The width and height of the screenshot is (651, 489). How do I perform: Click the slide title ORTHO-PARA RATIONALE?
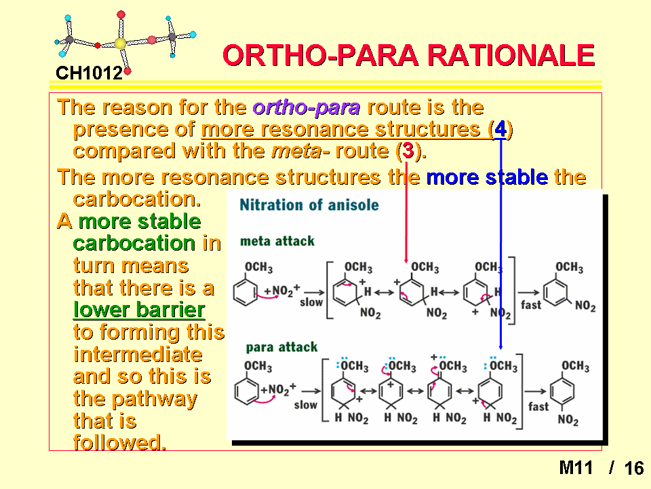point(408,55)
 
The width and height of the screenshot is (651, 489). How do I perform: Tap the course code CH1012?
point(89,73)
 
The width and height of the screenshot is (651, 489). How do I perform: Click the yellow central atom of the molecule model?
point(120,43)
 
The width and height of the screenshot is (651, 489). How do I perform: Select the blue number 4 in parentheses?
point(500,129)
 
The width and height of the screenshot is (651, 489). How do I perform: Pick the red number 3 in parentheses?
point(408,151)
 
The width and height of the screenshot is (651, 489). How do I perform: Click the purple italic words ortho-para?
point(307,108)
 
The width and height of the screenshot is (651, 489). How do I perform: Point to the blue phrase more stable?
point(487,177)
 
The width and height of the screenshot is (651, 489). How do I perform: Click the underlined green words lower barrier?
point(139,310)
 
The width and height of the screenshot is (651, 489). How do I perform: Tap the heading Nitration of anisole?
point(309,205)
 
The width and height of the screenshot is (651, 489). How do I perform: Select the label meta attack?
point(277,241)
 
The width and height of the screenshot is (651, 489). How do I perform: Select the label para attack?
point(281,347)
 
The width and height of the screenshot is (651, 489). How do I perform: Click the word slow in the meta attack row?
point(311,302)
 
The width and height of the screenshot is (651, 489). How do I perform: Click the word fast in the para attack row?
point(538,406)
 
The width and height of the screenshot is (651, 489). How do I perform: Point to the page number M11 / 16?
point(601,468)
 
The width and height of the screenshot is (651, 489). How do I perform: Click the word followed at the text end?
point(119,442)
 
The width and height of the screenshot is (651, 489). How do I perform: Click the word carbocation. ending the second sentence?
point(137,199)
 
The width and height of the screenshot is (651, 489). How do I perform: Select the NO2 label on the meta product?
point(585,306)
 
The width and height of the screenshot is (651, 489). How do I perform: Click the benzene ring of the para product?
point(562,391)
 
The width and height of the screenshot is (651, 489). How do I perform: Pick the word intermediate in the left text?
point(138,355)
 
